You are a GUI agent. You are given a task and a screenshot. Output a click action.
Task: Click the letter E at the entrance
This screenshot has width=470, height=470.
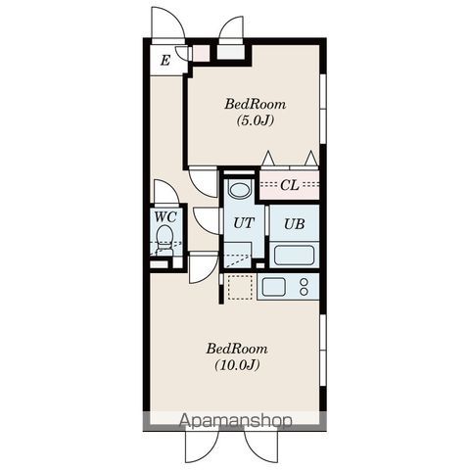point(165,61)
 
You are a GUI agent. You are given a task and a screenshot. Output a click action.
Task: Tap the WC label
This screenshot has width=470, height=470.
point(165,216)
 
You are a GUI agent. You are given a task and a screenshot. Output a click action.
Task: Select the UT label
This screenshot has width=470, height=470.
point(244,223)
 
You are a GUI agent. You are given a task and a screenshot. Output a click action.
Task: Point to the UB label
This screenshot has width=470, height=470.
point(295,224)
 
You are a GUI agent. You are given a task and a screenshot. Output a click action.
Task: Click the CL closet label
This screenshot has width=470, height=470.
point(290,185)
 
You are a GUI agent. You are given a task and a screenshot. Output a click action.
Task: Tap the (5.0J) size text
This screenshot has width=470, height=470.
point(255,120)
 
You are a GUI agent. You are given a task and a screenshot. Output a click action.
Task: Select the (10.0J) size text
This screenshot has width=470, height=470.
point(237,365)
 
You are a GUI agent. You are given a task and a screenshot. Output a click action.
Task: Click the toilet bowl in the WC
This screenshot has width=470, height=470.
point(164,239)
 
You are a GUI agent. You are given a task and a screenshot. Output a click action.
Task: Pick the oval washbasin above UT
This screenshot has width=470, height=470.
point(239,190)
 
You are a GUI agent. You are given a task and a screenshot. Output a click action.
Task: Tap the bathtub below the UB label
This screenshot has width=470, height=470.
point(294,256)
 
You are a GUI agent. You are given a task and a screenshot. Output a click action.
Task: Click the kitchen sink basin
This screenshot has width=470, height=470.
point(274,286)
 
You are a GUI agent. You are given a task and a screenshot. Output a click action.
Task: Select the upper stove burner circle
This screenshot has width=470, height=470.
point(304,282)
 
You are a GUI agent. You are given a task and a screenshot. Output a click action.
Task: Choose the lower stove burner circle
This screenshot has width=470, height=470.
point(304,292)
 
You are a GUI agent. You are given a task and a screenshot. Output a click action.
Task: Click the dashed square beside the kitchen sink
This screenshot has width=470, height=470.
point(240,287)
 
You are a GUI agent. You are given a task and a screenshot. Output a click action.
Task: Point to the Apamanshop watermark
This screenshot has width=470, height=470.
point(236,421)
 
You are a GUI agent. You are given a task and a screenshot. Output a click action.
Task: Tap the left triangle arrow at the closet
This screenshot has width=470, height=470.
point(268,158)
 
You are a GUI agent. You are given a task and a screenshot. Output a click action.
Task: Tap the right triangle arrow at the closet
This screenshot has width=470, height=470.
point(311,158)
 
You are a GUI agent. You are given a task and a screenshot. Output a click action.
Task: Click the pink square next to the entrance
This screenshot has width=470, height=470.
point(201,53)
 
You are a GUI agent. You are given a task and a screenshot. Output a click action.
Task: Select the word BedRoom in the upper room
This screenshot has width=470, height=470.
point(255,104)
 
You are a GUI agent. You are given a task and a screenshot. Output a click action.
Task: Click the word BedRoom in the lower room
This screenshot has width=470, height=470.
point(237,349)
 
